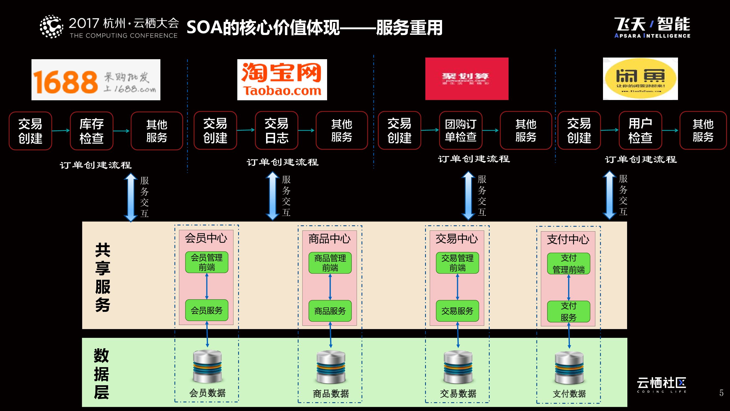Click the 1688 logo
coord(96,80)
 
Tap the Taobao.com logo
coord(282,80)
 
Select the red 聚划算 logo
coord(467,79)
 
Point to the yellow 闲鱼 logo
coord(640,79)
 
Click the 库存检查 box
coord(91,131)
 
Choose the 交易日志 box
coord(276,130)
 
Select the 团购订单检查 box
coord(460,130)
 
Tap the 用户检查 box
coord(640,130)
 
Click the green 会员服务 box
coord(207,310)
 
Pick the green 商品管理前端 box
coord(330,263)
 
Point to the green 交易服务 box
coord(457,311)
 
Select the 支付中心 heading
coord(568,240)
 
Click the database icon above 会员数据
coord(207,366)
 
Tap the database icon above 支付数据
coord(569,368)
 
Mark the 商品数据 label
coord(331,393)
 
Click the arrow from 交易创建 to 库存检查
coord(61,130)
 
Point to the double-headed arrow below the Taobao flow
coord(272,196)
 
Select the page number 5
coord(721,393)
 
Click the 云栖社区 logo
coord(661,385)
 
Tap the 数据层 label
coord(101,374)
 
